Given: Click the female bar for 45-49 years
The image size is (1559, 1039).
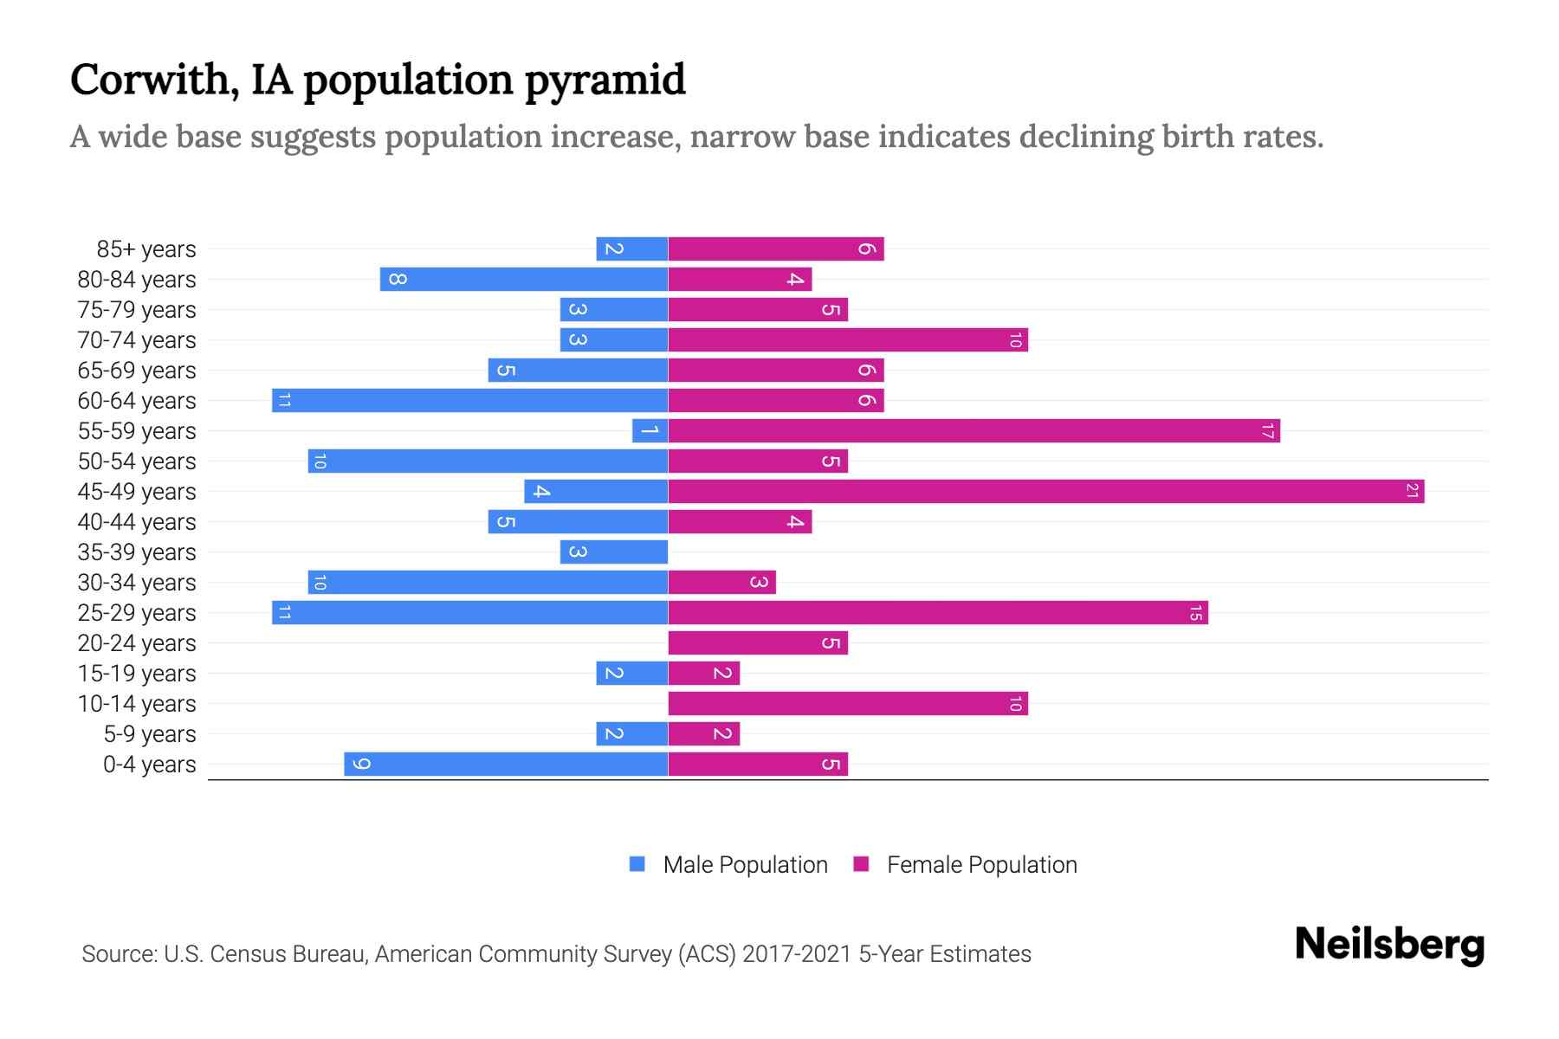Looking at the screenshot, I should click(x=1045, y=492).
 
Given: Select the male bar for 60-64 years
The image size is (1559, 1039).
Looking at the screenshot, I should click(x=469, y=401).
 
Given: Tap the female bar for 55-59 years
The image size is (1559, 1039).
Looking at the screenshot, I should click(x=974, y=431).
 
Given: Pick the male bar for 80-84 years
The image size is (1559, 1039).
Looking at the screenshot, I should click(x=523, y=280).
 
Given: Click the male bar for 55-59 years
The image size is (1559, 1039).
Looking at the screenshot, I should click(x=650, y=431).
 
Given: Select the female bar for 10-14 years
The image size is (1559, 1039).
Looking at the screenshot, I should click(x=847, y=704).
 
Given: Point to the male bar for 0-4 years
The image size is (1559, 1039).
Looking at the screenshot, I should click(x=506, y=765).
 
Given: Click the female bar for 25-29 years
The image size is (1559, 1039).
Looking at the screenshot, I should click(x=937, y=613).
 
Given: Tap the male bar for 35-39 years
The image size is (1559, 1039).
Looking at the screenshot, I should click(x=613, y=552).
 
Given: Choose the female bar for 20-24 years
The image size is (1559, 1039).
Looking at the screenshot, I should click(x=757, y=643).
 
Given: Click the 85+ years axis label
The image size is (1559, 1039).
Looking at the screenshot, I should click(x=146, y=249).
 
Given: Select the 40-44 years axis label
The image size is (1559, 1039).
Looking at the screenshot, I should click(x=137, y=522).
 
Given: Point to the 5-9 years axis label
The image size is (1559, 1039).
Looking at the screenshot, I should click(x=150, y=734).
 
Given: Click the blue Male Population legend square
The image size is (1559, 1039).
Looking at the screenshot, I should click(x=637, y=864).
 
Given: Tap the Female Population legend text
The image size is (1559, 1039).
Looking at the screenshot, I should click(x=981, y=865).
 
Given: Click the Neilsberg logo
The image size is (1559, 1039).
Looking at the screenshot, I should click(x=1389, y=945).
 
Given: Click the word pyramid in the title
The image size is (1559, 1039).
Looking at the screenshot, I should click(x=605, y=81).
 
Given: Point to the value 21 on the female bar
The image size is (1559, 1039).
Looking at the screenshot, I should click(x=1412, y=492).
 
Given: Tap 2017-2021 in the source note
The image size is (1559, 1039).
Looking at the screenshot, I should click(x=797, y=954).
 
